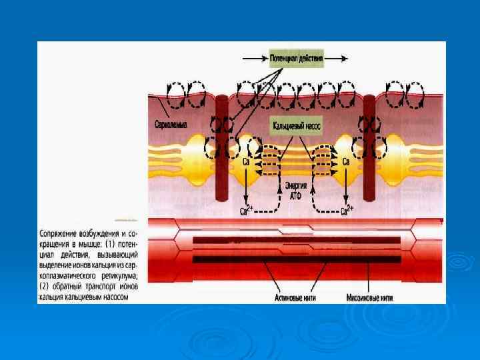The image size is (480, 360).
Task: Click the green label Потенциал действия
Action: pyautogui.click(x=297, y=59)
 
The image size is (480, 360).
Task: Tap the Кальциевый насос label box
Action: pyautogui.click(x=297, y=124)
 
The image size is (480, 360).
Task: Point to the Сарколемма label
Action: pyautogui.click(x=171, y=125)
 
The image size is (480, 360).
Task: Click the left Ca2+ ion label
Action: pyautogui.click(x=245, y=211)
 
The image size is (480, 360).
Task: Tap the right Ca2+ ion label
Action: pyautogui.click(x=347, y=211)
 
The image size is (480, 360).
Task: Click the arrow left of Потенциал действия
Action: pyautogui.click(x=253, y=59)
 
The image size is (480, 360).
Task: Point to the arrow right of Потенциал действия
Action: pyautogui.click(x=337, y=59)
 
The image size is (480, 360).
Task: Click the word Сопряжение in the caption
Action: pyautogui.click(x=59, y=235)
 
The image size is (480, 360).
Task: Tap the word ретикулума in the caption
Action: pyautogui.click(x=120, y=275)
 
